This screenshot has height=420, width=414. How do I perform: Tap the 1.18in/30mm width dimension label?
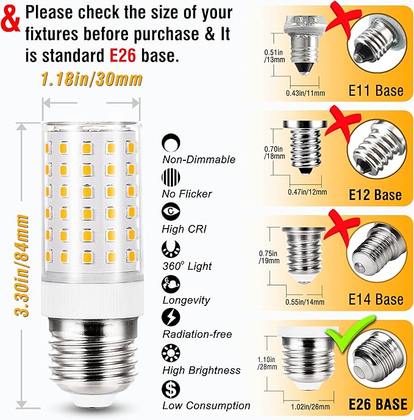92,80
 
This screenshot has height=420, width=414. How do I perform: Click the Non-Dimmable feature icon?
170,143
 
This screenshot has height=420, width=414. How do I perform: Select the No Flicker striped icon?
170,177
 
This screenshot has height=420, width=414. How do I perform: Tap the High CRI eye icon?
170,212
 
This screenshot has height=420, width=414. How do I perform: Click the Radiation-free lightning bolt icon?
170,318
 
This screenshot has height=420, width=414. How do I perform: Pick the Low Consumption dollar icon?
170,388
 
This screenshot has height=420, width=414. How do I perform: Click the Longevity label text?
186,300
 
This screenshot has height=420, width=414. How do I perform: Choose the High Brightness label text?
201,370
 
